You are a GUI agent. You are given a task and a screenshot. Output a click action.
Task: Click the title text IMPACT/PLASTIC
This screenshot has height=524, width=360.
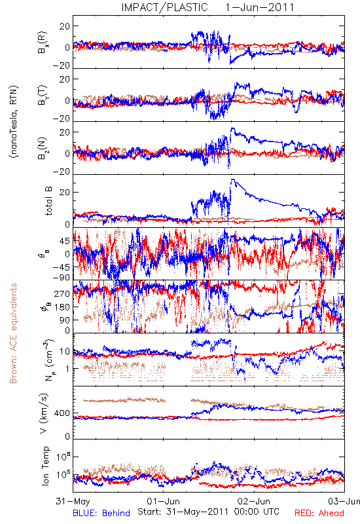(x=164, y=7)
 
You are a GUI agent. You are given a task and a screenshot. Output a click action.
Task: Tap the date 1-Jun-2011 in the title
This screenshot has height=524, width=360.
(x=259, y=7)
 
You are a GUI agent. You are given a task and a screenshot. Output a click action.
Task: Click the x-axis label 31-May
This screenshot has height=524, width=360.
(x=73, y=501)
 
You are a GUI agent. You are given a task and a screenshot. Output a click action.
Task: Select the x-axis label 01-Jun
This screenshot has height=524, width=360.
(x=163, y=501)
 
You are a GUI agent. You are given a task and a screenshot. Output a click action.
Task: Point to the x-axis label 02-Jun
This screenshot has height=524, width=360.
(x=254, y=501)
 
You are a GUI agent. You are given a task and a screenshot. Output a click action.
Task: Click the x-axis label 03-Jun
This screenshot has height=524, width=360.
(x=344, y=501)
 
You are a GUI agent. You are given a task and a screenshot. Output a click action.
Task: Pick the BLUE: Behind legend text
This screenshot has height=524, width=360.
(x=101, y=514)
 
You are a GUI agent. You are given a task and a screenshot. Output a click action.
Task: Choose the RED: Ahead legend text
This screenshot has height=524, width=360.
(x=319, y=514)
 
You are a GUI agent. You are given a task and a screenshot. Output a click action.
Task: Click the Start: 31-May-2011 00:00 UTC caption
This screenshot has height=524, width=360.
(x=208, y=512)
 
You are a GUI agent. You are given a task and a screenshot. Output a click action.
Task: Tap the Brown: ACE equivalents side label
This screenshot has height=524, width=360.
(x=13, y=333)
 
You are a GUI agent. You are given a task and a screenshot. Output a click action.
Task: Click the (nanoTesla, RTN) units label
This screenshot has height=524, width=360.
(x=14, y=121)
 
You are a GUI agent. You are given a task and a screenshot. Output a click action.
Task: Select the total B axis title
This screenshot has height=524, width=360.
(x=48, y=201)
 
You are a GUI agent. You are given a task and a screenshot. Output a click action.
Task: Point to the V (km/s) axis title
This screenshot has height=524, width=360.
(x=44, y=413)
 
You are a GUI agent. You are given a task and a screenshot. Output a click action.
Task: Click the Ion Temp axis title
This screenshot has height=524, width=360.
(x=45, y=466)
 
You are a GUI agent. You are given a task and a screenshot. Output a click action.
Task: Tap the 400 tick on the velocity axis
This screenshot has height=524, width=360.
(x=62, y=413)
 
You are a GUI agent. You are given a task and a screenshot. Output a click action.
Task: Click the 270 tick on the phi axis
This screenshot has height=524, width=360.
(x=62, y=293)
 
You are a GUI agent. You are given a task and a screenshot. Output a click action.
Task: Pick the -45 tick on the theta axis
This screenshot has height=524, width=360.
(x=62, y=267)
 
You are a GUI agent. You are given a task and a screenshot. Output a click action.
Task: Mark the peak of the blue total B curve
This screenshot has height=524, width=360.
(x=232, y=179)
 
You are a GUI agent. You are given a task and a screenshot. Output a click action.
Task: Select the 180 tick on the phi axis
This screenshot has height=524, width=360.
(x=62, y=307)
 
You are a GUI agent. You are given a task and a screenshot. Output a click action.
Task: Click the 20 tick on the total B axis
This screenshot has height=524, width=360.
(x=65, y=193)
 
